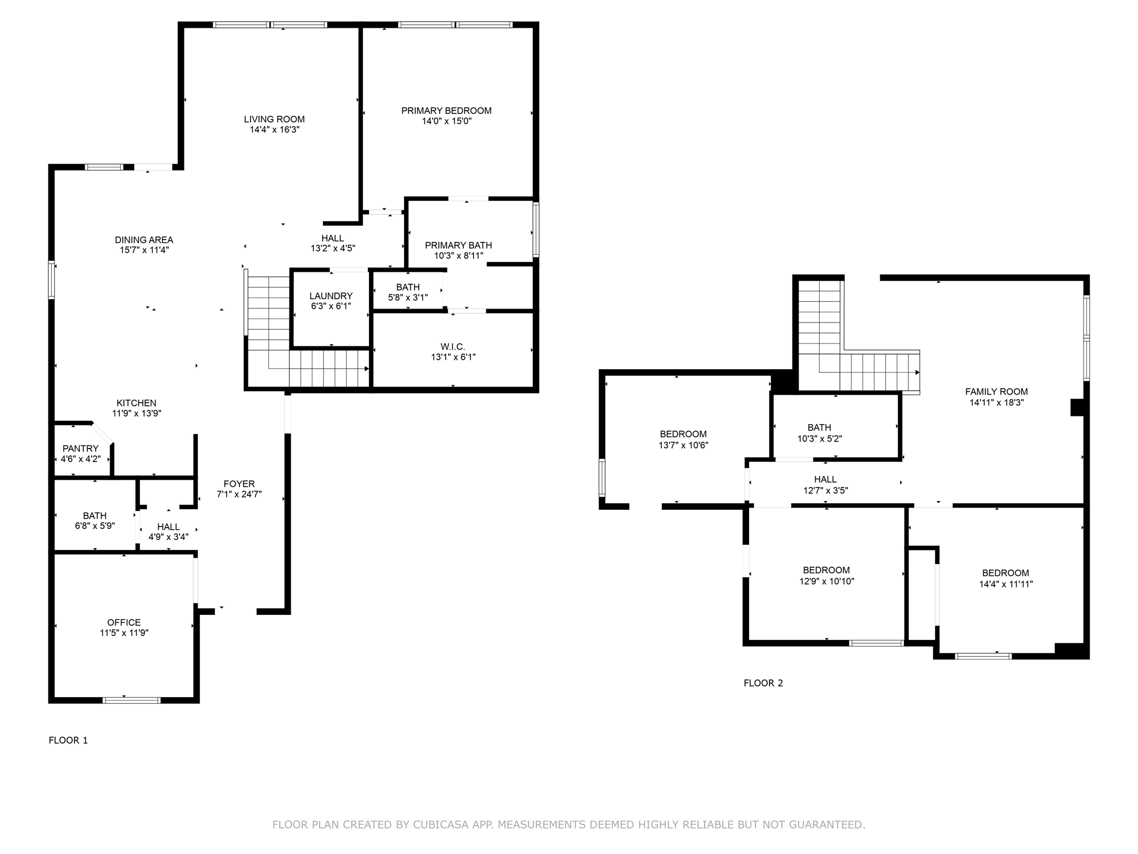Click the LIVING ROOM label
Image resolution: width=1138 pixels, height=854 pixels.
pyautogui.click(x=274, y=119)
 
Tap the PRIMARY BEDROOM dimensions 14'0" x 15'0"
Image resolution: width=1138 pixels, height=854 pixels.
pyautogui.click(x=446, y=121)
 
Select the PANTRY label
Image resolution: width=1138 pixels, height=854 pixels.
pyautogui.click(x=81, y=449)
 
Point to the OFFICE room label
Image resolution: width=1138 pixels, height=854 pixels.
pyautogui.click(x=124, y=622)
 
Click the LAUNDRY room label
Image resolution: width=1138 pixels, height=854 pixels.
pyautogui.click(x=331, y=296)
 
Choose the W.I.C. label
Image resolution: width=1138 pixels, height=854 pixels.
pyautogui.click(x=453, y=347)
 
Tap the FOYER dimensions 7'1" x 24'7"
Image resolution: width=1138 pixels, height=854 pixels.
pyautogui.click(x=239, y=494)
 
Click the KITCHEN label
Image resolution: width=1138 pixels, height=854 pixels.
pyautogui.click(x=136, y=403)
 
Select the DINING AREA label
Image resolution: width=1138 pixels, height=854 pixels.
pyautogui.click(x=144, y=240)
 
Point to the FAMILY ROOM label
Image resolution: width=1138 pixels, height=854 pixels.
pyautogui.click(x=996, y=391)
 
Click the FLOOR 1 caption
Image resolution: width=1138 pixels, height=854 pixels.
pyautogui.click(x=68, y=740)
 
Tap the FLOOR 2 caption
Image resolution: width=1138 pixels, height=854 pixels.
pyautogui.click(x=763, y=683)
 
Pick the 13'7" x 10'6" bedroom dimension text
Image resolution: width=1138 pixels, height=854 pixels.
pyautogui.click(x=683, y=445)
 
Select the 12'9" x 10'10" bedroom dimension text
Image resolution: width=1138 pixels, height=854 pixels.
pyautogui.click(x=826, y=581)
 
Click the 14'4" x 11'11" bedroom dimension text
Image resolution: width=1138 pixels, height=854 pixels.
pyautogui.click(x=1005, y=584)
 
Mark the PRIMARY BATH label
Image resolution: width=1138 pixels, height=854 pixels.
pyautogui.click(x=458, y=245)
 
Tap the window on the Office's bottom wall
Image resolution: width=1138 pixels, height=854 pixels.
pyautogui.click(x=132, y=700)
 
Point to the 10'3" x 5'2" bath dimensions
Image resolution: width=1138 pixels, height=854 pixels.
pyautogui.click(x=819, y=438)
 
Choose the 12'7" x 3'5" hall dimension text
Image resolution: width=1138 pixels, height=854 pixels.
pyautogui.click(x=825, y=490)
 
